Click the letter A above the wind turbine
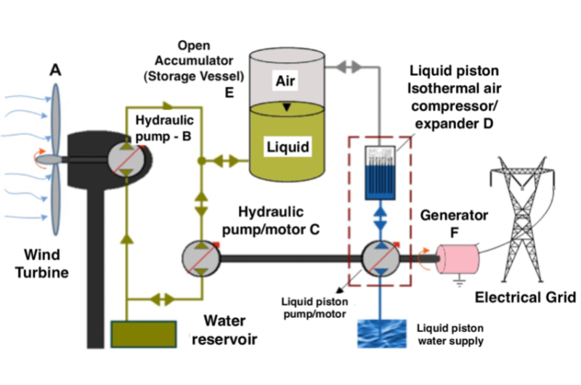(55, 70)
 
